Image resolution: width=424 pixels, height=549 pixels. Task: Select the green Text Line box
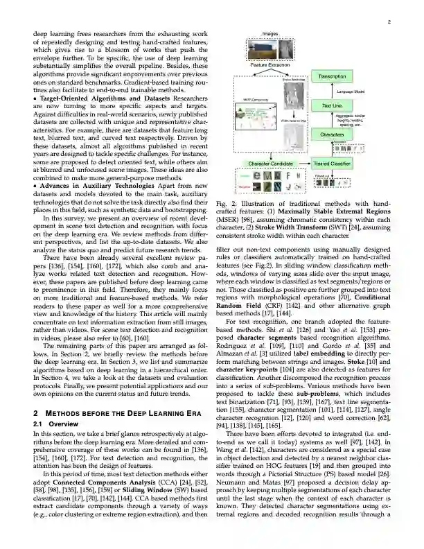coord(333,105)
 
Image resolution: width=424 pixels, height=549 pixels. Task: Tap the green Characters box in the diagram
coord(333,134)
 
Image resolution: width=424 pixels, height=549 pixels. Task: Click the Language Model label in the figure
coord(351,91)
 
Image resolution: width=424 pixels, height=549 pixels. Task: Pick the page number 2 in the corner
coord(390,22)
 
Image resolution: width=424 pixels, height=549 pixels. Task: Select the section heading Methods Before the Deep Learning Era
coord(118,413)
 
